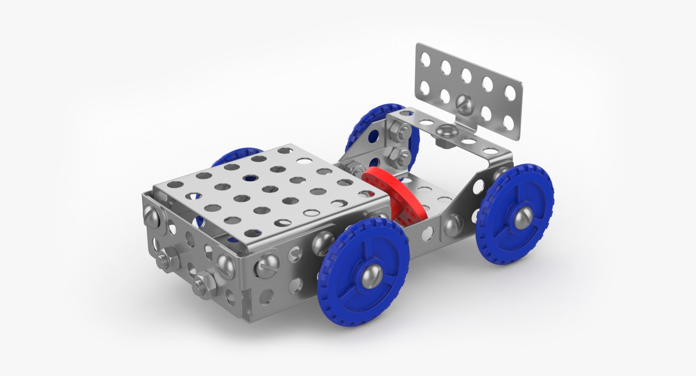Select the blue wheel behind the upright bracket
click(x=379, y=123)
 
